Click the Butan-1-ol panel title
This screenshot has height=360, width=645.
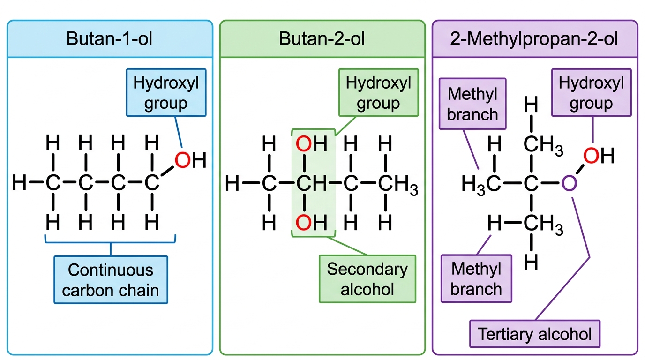pyautogui.click(x=109, y=38)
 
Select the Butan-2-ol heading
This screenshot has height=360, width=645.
pyautogui.click(x=322, y=38)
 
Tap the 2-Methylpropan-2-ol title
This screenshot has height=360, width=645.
pyautogui.click(x=534, y=39)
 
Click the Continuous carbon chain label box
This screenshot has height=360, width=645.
pyautogui.click(x=111, y=280)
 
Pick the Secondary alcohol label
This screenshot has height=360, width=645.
pyautogui.click(x=367, y=279)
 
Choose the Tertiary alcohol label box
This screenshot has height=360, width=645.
pyautogui.click(x=535, y=334)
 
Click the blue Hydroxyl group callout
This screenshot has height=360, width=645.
pyautogui.click(x=166, y=92)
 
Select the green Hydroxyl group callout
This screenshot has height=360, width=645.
pyautogui.click(x=378, y=92)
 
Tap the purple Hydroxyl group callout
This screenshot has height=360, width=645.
pyautogui.click(x=592, y=92)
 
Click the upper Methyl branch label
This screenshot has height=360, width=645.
pyautogui.click(x=472, y=104)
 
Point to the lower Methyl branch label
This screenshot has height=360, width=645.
pyautogui.click(x=476, y=278)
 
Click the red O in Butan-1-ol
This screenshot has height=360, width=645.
pyautogui.click(x=182, y=160)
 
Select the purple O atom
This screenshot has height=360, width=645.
pyautogui.click(x=569, y=183)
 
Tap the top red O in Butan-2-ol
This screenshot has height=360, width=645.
pyautogui.click(x=304, y=144)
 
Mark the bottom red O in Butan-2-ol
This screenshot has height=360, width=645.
pyautogui.click(x=304, y=223)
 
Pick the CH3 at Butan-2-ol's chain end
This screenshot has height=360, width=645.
pyautogui.click(x=398, y=184)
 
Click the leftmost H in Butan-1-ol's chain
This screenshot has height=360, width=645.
pyautogui.click(x=19, y=183)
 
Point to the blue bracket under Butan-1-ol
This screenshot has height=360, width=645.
pyautogui.click(x=110, y=242)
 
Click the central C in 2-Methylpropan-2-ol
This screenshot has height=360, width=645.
pyautogui.click(x=531, y=183)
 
